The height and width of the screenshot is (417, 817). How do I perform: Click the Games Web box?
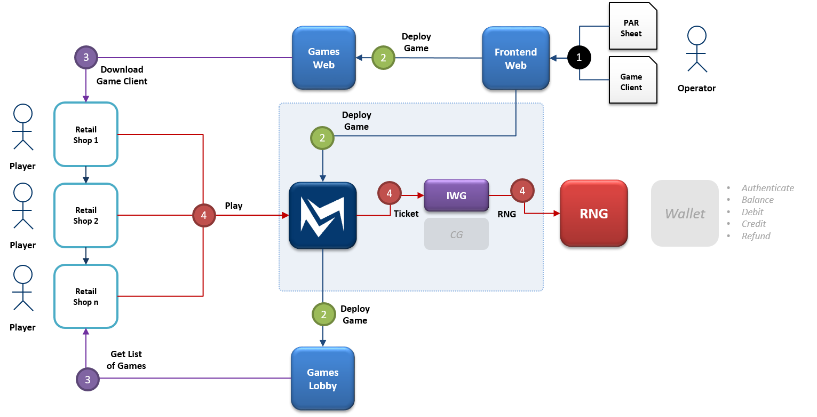[323, 58]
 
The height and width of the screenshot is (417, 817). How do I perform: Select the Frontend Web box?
[515, 58]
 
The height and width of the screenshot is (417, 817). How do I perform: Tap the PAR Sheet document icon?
[632, 26]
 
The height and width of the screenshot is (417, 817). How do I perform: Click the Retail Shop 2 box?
[86, 216]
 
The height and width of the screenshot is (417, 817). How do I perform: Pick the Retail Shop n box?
[86, 296]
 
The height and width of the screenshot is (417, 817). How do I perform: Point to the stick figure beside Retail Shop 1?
[23, 127]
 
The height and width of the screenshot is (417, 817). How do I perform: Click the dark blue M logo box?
[322, 216]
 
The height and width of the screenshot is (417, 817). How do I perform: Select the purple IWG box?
[456, 195]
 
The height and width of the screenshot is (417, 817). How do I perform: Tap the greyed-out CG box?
[456, 234]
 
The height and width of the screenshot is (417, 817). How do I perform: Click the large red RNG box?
[593, 214]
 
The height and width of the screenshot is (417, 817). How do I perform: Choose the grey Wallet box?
[685, 214]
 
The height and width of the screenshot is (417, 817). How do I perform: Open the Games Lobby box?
[322, 379]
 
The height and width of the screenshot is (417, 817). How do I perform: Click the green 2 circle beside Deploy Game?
[322, 138]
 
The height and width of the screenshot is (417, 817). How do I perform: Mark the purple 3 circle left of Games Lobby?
[88, 380]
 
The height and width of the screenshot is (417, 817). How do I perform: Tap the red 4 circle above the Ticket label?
[389, 193]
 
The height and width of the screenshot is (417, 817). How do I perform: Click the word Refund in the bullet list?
[756, 236]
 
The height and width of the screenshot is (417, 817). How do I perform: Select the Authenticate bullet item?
[767, 188]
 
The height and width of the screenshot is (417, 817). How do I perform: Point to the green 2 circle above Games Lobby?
[323, 315]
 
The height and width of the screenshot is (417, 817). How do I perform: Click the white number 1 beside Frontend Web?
[579, 58]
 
